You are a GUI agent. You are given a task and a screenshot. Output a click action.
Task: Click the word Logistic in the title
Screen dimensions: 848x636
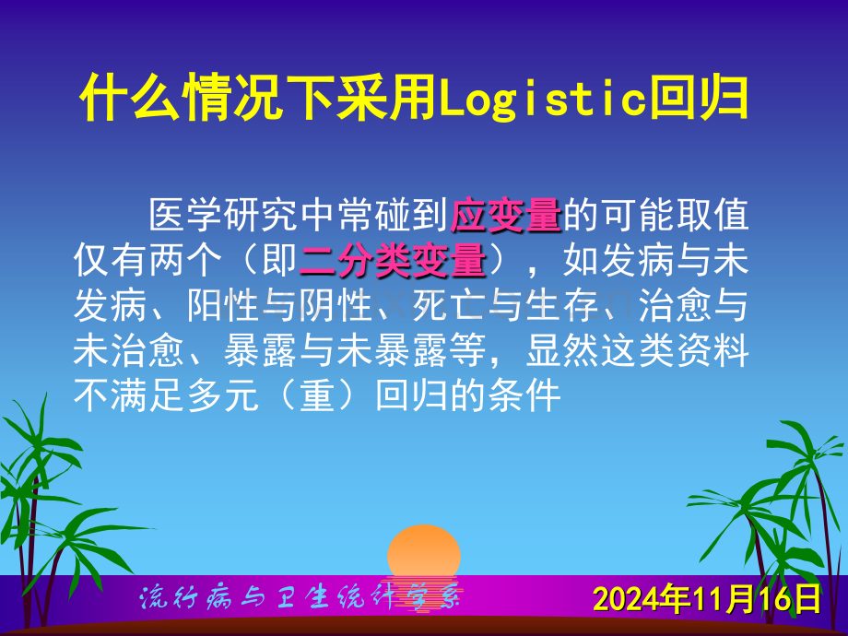(x=544, y=99)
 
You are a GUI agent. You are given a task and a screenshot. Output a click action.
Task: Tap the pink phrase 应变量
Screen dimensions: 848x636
(x=506, y=216)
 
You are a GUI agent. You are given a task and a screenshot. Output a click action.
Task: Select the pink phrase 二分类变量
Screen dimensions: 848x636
(x=393, y=261)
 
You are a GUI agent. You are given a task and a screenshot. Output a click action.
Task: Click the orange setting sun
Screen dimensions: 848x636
(x=424, y=551)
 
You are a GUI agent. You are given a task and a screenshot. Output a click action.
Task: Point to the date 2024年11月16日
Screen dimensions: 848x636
(x=707, y=599)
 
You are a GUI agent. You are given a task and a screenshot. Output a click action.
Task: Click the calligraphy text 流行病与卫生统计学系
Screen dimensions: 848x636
(x=300, y=598)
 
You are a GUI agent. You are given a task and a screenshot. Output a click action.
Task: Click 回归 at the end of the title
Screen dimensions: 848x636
(x=700, y=98)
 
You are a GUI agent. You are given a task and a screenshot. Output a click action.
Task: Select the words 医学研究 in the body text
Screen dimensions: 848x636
(x=224, y=216)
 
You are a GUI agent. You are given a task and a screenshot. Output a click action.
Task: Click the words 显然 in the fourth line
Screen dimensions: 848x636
(x=562, y=351)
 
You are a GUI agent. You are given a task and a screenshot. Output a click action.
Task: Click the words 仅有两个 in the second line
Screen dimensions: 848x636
(x=148, y=261)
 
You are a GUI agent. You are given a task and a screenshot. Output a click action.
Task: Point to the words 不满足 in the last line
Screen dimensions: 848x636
(x=130, y=395)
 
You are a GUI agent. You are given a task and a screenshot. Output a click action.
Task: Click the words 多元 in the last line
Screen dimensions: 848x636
(x=224, y=395)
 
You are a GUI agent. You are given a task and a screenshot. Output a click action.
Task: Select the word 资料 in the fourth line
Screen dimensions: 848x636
(x=713, y=351)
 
